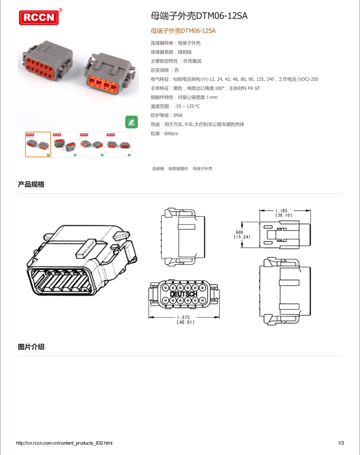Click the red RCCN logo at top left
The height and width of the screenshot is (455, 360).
[39, 18]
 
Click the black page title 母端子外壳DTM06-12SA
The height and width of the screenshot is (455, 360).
[199, 16]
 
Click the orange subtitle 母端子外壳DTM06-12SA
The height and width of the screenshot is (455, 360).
[183, 31]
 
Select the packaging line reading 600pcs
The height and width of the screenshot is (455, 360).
[164, 133]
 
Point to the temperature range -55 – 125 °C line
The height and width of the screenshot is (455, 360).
[175, 106]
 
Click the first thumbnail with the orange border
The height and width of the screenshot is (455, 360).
[38, 144]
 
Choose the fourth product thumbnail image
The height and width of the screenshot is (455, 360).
[119, 144]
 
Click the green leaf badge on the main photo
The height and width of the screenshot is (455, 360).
[132, 122]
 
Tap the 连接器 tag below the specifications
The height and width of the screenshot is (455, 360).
[158, 169]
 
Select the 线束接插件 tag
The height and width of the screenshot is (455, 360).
[178, 169]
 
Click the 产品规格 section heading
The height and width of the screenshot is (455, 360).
[31, 184]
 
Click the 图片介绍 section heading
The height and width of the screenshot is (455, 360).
[31, 347]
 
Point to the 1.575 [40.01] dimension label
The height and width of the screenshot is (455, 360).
[185, 320]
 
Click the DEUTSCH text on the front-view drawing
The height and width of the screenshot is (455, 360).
[184, 294]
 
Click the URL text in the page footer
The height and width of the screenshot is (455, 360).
[65, 443]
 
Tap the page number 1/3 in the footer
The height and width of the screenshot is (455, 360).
[340, 443]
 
